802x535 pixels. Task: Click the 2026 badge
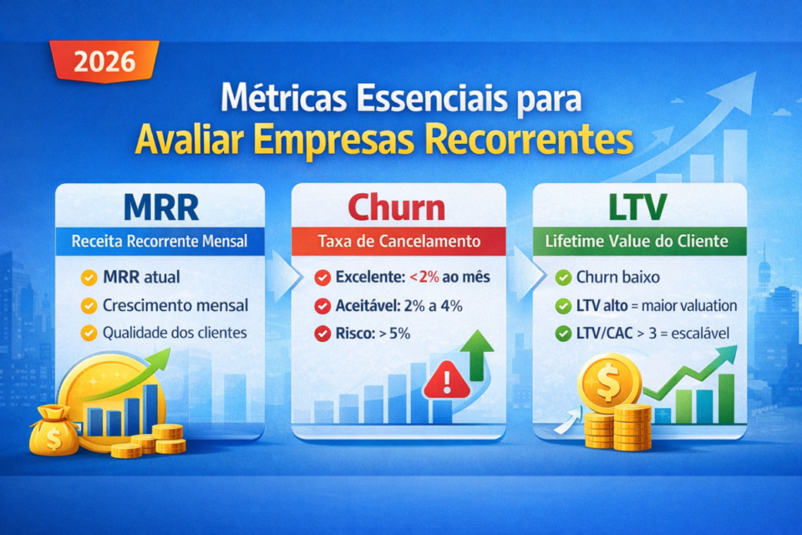point(104,61)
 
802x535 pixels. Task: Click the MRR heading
point(159,206)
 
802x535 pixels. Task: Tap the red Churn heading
point(398,206)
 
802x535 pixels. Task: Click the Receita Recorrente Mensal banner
point(160,242)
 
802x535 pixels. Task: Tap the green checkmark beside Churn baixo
point(563,277)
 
